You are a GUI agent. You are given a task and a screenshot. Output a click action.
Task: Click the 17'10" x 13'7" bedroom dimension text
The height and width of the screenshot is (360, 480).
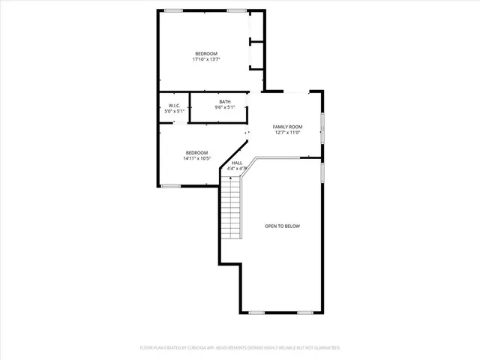206,60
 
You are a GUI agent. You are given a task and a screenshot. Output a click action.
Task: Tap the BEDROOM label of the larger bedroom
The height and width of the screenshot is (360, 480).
206,53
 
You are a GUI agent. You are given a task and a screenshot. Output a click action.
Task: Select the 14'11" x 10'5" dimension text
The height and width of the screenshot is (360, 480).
196,158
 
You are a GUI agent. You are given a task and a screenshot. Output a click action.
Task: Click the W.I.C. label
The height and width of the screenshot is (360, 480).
173,106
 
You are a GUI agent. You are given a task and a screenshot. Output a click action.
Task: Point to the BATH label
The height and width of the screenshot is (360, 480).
225,102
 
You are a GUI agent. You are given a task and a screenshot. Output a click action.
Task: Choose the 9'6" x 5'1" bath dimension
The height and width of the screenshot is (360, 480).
225,108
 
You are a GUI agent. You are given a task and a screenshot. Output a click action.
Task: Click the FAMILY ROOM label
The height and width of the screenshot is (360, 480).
286,127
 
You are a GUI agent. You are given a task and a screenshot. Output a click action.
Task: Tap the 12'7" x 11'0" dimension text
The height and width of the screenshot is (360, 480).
286,133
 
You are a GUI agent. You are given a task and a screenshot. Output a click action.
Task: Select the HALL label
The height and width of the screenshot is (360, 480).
237,163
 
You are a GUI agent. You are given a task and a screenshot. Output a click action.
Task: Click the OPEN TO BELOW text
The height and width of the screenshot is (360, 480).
283,226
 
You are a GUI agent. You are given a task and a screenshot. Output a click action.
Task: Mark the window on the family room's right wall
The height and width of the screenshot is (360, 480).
323,127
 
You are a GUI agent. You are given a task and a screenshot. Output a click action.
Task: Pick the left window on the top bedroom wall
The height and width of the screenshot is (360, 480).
174,10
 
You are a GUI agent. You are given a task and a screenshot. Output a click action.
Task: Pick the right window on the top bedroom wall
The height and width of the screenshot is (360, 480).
237,10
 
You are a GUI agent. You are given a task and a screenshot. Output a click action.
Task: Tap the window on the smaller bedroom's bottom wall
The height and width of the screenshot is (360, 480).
171,185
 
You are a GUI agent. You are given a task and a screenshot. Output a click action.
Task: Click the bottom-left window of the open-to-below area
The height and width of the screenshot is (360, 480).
257,312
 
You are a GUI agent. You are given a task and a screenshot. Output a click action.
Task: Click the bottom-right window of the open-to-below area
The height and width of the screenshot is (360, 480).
305,312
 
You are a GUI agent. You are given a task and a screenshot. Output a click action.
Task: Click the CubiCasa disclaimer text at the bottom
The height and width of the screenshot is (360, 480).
240,348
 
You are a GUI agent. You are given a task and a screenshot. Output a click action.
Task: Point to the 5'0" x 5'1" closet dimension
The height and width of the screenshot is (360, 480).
173,112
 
